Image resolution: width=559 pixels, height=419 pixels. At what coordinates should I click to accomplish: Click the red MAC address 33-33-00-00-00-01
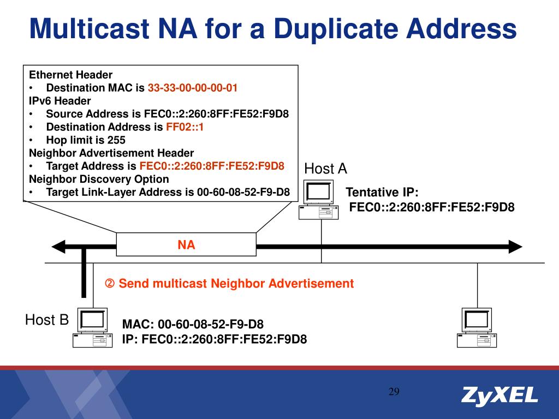192,88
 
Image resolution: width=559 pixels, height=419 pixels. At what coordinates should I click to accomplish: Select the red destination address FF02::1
185,127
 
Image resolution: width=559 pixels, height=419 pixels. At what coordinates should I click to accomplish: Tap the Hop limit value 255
116,140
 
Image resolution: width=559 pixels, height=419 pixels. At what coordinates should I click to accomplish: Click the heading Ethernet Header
70,75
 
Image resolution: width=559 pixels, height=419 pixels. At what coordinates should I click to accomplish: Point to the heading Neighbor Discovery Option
99,179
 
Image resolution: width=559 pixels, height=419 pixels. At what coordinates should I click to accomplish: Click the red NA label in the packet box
186,245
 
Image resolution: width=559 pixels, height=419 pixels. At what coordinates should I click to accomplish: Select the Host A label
325,169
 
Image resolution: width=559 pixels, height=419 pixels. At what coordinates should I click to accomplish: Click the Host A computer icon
319,199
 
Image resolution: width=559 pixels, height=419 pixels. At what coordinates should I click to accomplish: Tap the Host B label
47,320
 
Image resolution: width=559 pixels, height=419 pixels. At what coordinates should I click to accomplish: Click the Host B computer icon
92,327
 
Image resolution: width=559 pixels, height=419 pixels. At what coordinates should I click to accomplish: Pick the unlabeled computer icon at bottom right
477,327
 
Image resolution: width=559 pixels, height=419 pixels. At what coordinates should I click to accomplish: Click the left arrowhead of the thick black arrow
58,247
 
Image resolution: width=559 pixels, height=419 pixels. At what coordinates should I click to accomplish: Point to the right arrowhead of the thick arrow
515,247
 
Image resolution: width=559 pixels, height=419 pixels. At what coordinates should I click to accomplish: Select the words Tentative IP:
382,193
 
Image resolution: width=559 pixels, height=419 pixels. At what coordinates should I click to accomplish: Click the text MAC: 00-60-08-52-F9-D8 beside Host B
193,325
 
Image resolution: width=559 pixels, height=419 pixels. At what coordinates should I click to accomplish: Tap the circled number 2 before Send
110,284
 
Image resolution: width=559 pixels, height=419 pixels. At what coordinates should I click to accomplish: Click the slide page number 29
394,392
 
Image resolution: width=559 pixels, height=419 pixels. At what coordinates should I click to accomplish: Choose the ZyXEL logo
499,396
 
